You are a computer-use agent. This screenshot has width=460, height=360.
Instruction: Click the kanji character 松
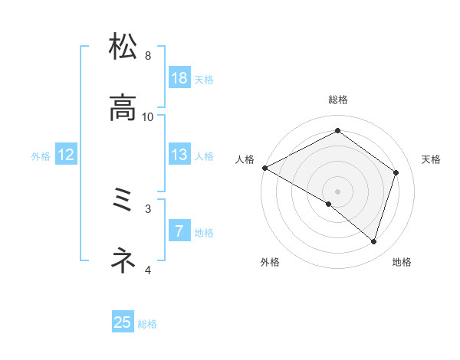[x=123, y=47]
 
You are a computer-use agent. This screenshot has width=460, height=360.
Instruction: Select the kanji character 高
[x=123, y=108]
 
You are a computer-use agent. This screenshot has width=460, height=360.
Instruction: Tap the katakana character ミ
[x=123, y=201]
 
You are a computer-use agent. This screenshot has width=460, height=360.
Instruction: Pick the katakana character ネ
[x=123, y=261]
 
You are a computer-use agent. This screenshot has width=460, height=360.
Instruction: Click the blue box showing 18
[x=179, y=78]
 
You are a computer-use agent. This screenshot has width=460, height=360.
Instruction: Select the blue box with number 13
[x=179, y=155]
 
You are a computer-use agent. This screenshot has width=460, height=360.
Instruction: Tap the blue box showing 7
[x=179, y=231]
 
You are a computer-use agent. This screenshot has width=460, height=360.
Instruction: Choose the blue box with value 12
[x=66, y=155]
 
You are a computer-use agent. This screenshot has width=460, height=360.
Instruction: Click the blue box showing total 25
[x=123, y=322]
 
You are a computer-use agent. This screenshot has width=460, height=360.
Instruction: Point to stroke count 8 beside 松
[x=148, y=56]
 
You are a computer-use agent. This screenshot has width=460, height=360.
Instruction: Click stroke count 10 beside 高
[x=148, y=116]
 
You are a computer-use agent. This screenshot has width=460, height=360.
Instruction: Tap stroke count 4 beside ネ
[x=148, y=270]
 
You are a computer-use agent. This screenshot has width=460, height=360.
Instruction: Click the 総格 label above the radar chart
[x=337, y=100]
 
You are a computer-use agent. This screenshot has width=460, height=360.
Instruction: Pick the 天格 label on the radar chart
[x=432, y=159]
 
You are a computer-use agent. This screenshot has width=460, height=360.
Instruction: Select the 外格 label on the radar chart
[x=270, y=262]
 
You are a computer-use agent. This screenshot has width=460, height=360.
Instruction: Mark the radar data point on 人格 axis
[x=264, y=168]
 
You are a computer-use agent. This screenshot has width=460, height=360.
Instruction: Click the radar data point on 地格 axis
[x=373, y=241]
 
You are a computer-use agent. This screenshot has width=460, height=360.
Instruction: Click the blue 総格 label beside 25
[x=148, y=324]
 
